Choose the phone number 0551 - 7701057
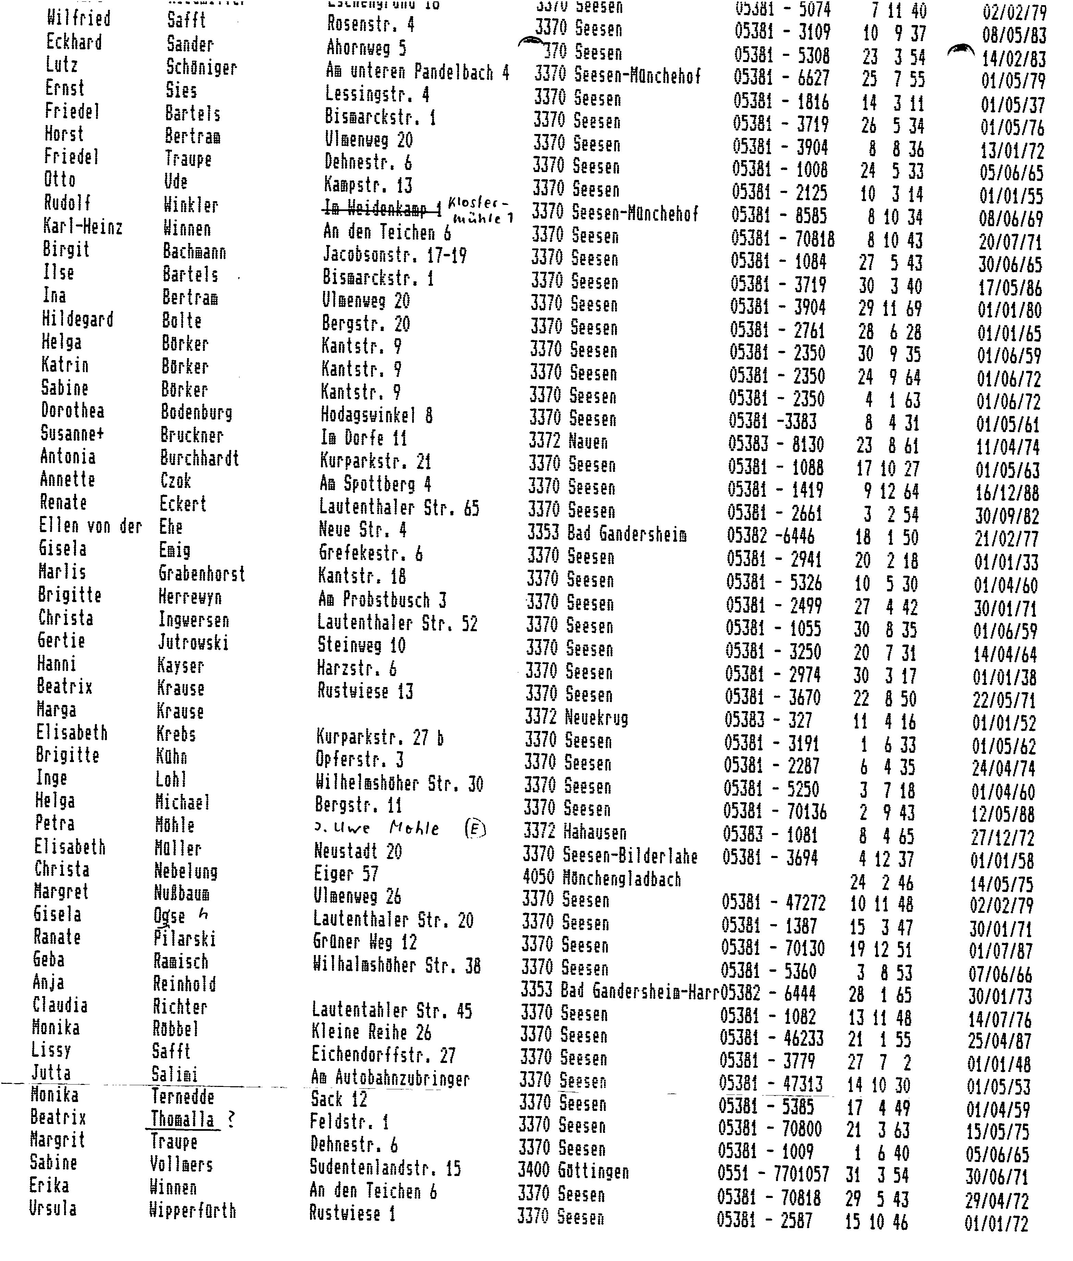773,1173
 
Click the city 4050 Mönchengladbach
602,878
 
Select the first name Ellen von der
90,526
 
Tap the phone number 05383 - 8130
776,445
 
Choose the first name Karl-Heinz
83,227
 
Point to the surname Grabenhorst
201,573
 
